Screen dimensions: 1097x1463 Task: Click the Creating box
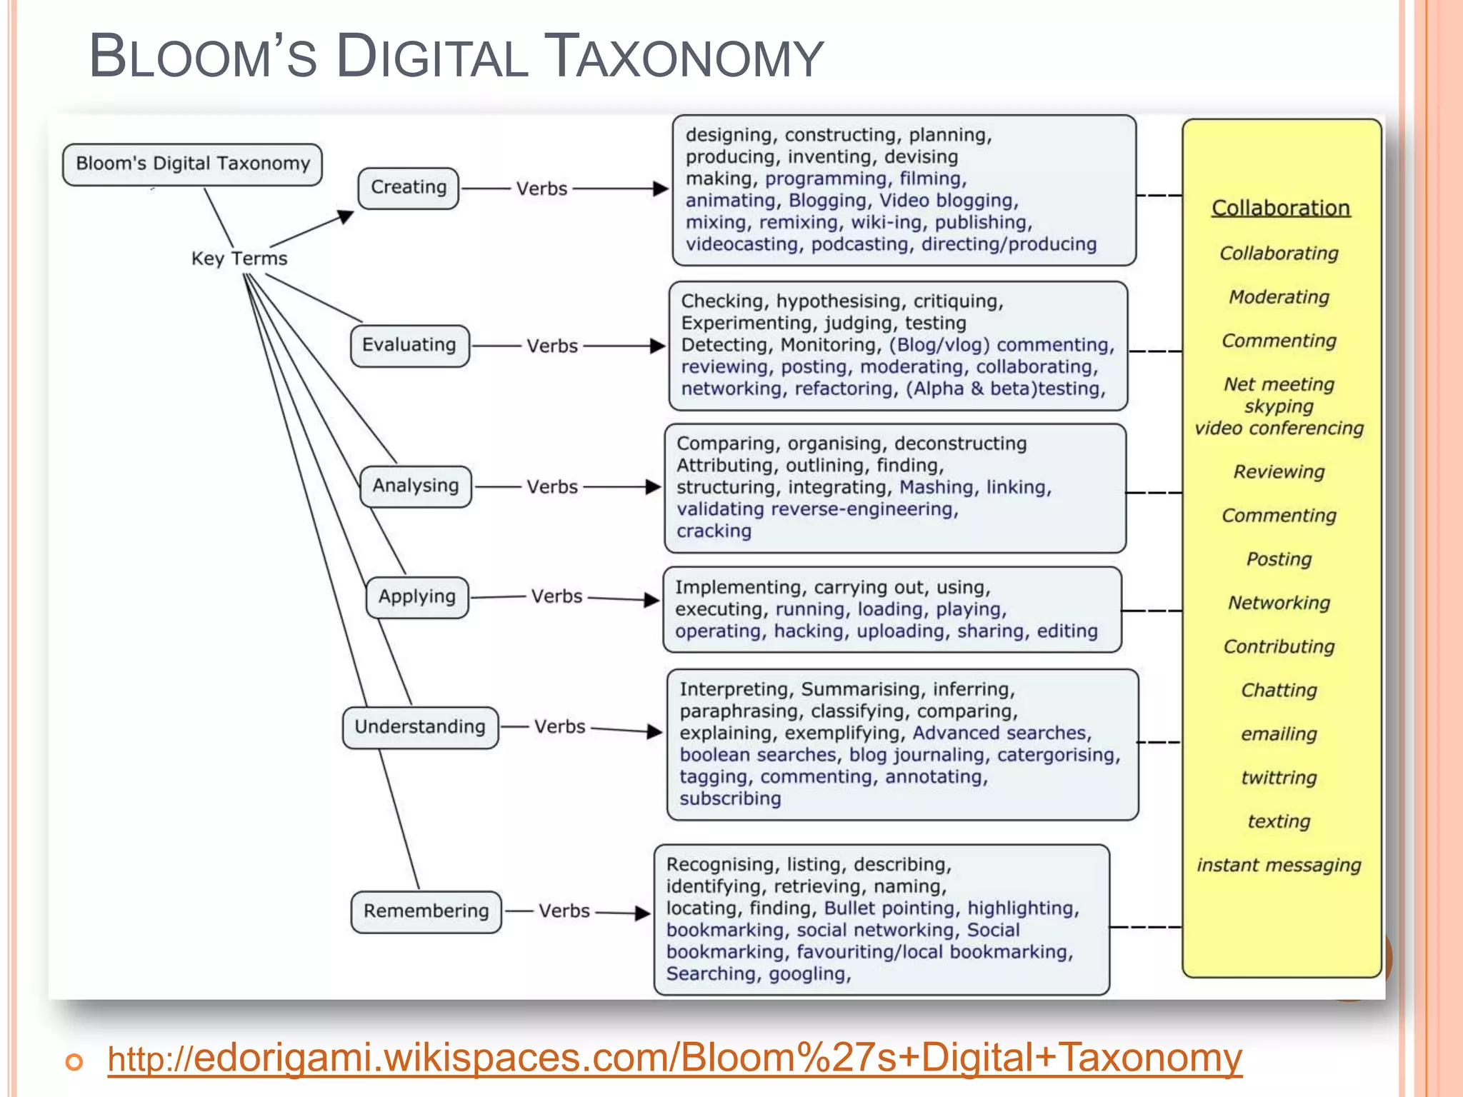(x=408, y=188)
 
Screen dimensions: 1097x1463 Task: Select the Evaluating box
(x=409, y=346)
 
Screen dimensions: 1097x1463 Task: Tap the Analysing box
(x=415, y=486)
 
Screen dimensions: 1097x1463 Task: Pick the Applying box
(x=417, y=597)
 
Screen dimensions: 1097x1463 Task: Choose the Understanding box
(x=420, y=727)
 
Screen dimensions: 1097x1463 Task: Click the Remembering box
(x=426, y=911)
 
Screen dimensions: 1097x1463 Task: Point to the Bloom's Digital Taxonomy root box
(x=193, y=164)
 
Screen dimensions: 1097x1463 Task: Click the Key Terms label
(x=239, y=259)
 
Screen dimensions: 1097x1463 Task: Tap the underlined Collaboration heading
(x=1281, y=208)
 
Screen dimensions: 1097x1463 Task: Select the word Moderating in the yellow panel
(x=1279, y=297)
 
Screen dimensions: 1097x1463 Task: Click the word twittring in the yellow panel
(x=1279, y=778)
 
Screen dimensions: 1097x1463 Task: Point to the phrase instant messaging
(x=1279, y=866)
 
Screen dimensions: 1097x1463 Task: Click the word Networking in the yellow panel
(x=1279, y=603)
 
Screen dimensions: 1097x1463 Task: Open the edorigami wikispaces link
(x=674, y=1058)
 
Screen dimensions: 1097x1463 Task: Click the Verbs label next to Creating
(x=541, y=189)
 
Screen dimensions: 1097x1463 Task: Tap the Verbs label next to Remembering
(x=564, y=911)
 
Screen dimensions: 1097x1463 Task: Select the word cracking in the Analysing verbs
(x=714, y=531)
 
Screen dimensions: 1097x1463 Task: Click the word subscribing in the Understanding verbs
(x=730, y=798)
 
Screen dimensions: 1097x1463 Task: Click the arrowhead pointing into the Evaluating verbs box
(x=658, y=346)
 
